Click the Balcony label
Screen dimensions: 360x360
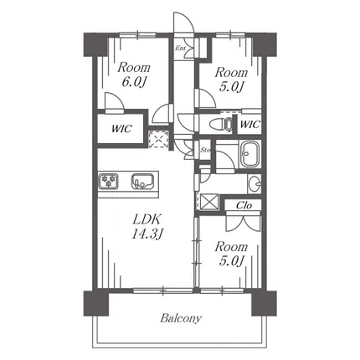181,318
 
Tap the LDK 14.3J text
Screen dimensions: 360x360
147,227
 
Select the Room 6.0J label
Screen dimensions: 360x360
134,75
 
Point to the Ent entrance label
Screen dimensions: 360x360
180,49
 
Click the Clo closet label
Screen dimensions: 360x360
244,206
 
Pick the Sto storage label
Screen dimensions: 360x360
205,150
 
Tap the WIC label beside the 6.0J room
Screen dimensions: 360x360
121,129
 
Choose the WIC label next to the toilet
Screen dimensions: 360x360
250,124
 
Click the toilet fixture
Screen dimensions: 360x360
220,124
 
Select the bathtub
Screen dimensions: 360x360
250,154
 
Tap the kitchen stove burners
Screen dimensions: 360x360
109,181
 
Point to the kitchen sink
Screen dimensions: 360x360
142,182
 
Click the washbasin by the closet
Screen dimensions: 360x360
255,183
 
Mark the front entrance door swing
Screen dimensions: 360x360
183,23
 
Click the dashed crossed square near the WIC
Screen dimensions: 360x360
158,139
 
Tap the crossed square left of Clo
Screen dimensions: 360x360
208,202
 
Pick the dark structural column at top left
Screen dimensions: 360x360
95,44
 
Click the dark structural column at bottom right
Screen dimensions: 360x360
264,303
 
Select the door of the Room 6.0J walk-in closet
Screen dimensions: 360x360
115,103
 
